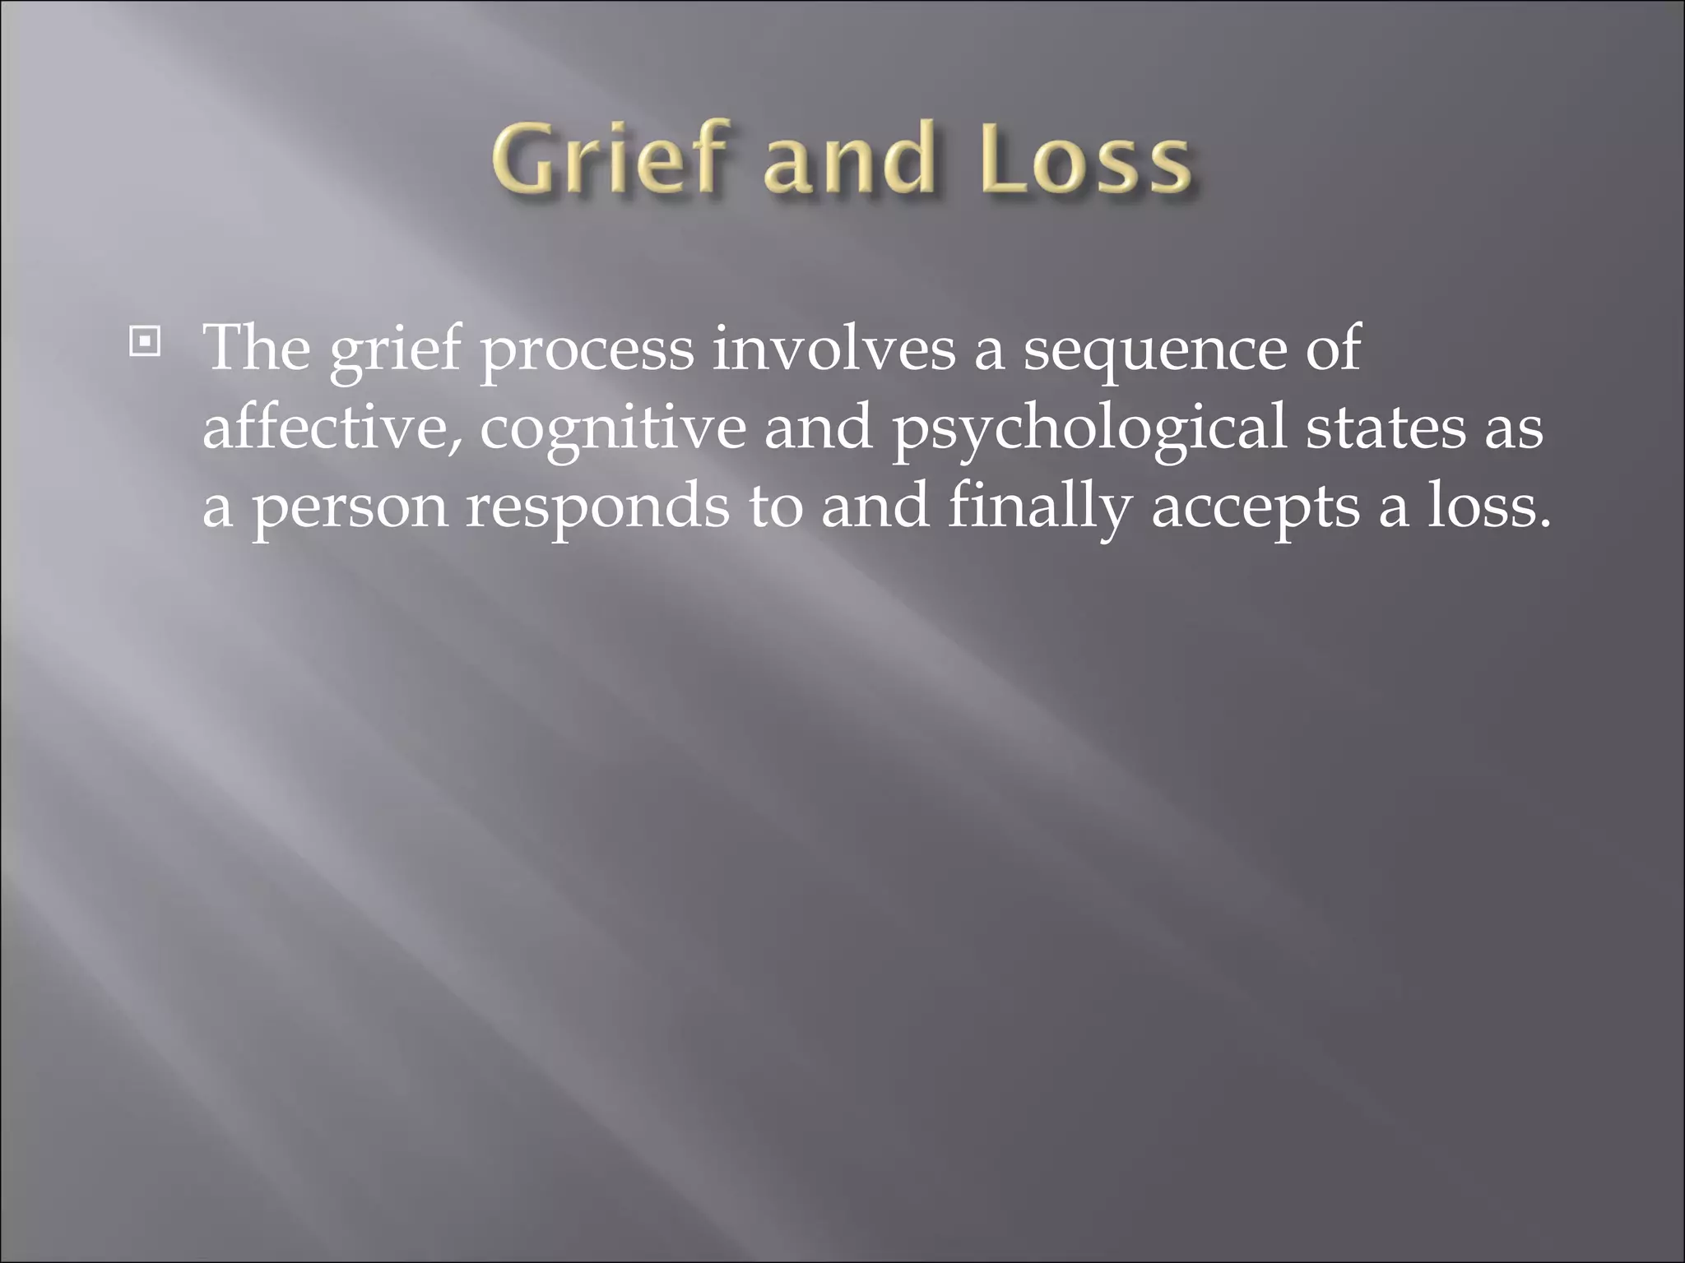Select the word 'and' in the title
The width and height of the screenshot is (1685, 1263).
coord(848,157)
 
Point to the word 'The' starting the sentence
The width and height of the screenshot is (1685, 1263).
coord(257,349)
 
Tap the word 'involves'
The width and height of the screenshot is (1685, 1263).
coord(833,349)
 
